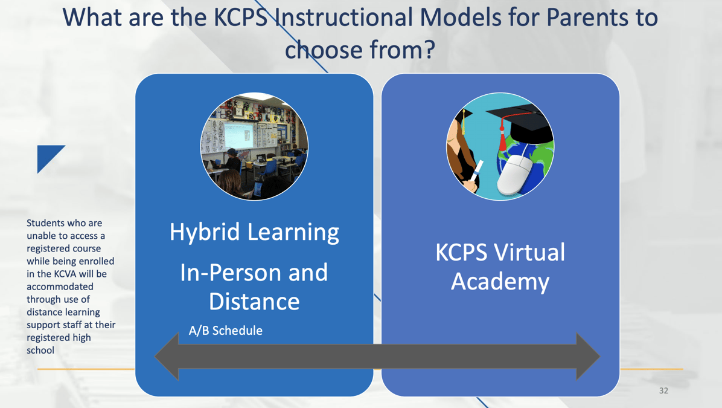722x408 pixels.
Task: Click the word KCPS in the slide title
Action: pos(241,17)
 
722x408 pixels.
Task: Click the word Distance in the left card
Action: pos(254,301)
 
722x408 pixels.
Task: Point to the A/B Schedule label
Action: pos(225,331)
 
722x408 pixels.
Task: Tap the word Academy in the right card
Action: pos(500,281)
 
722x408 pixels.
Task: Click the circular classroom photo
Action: pos(254,146)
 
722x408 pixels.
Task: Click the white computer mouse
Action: pos(514,175)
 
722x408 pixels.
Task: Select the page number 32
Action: pos(663,390)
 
